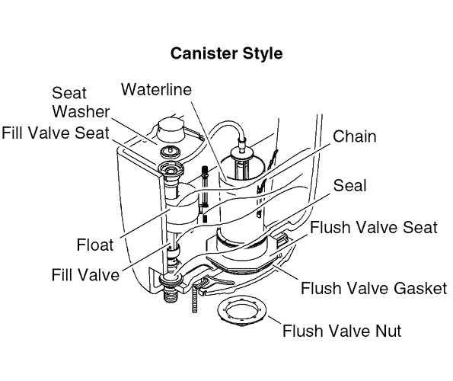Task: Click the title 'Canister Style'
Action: [226, 54]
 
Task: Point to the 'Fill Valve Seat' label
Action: [56, 133]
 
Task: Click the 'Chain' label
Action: [354, 137]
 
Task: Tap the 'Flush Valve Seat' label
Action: [372, 228]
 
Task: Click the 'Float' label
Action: [95, 245]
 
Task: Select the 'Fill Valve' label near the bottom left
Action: [85, 274]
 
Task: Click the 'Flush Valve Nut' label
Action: [342, 331]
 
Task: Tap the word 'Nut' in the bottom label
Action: [385, 331]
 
